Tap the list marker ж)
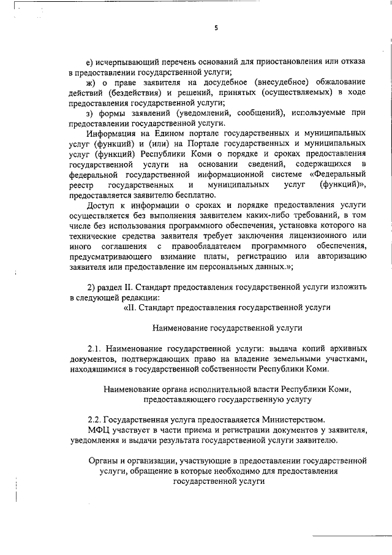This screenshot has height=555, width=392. [x=90, y=83]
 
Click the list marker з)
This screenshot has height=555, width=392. [x=89, y=112]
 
